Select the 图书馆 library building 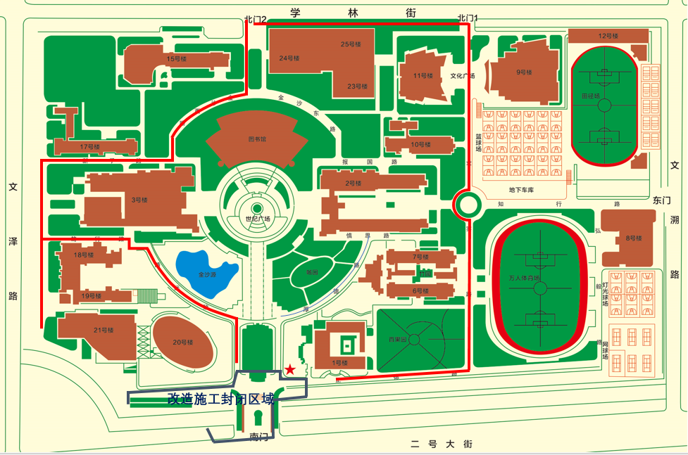coord(257,139)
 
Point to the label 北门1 coord(468,18)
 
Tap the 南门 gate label coord(259,437)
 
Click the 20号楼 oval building coord(182,342)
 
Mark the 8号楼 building coord(633,238)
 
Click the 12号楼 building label coord(608,36)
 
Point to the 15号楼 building coord(176,59)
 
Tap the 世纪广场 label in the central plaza coord(257,219)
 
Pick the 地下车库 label coord(523,190)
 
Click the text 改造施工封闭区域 coord(220,399)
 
